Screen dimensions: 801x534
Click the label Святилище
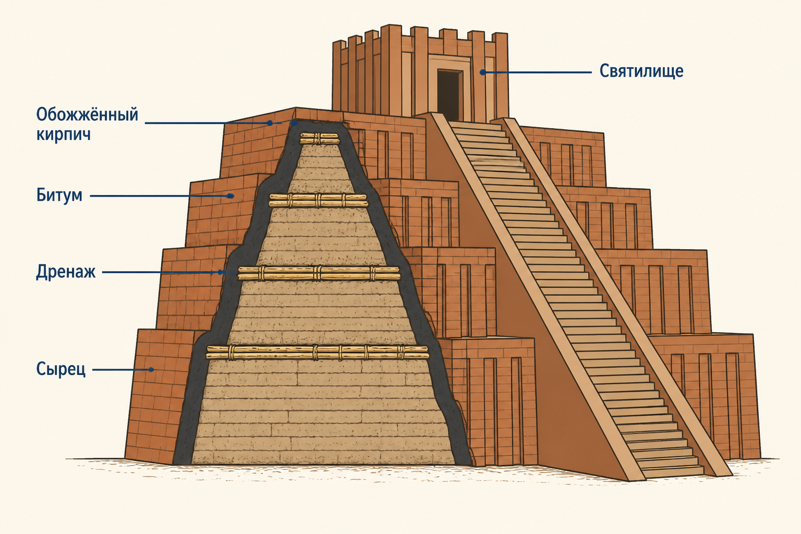click(x=641, y=71)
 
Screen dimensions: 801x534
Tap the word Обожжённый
click(x=87, y=115)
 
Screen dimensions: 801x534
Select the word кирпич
click(x=63, y=135)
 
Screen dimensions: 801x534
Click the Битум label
click(x=59, y=196)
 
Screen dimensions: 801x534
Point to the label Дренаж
click(x=66, y=272)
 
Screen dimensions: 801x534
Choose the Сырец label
click(x=61, y=369)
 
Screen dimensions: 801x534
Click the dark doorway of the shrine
click(x=450, y=95)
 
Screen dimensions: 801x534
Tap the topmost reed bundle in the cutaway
click(x=320, y=138)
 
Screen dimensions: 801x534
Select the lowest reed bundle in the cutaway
click(x=318, y=352)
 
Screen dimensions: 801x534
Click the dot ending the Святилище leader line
click(x=482, y=72)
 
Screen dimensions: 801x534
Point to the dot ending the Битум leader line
click(x=231, y=196)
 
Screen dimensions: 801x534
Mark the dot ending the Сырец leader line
click(x=152, y=370)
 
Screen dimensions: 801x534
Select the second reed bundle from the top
click(x=318, y=200)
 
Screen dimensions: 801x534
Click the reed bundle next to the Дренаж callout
click(x=319, y=273)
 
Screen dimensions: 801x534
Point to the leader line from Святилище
click(x=537, y=72)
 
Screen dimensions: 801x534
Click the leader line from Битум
click(x=161, y=196)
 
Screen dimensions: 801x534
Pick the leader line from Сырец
click(x=123, y=370)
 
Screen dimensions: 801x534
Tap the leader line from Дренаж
click(x=163, y=273)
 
